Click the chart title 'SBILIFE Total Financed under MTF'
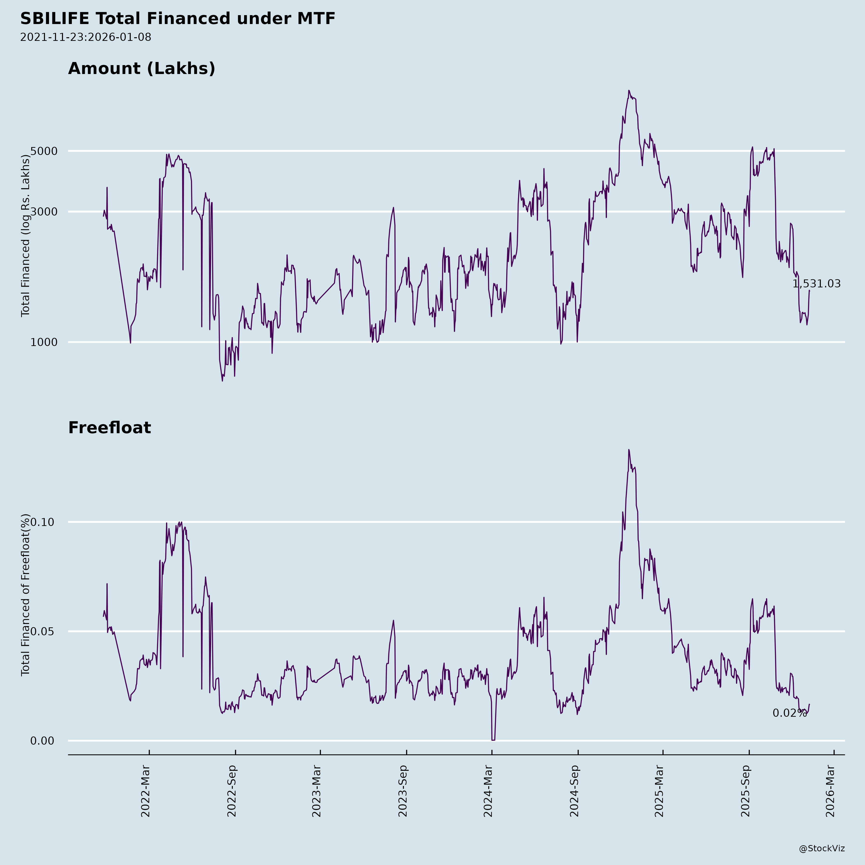(178, 19)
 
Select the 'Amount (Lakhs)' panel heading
(142, 68)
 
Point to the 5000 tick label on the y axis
(44, 151)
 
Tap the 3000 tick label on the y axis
(44, 212)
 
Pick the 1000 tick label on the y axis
(44, 342)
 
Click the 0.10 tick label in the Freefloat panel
(42, 522)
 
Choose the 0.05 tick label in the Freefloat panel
(42, 632)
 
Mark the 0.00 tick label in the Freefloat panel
(42, 741)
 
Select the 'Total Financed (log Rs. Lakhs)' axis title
(25, 236)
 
